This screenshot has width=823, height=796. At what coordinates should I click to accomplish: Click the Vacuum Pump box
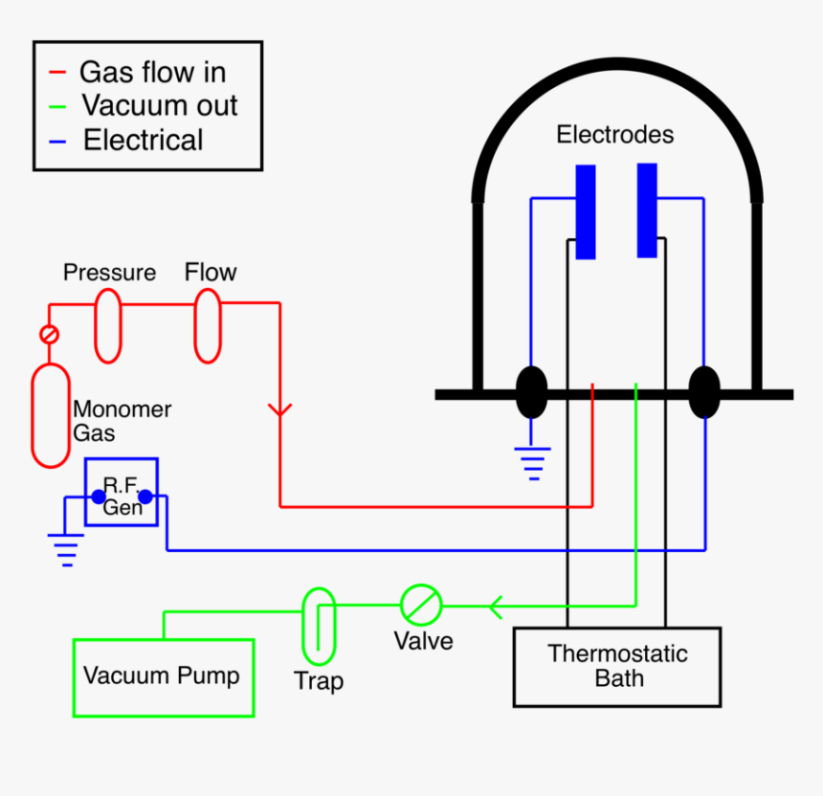(x=163, y=677)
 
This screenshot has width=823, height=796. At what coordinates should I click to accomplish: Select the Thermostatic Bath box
(x=617, y=667)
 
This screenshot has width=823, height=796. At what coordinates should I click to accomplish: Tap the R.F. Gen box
(x=122, y=492)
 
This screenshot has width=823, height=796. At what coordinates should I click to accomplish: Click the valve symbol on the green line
(x=421, y=605)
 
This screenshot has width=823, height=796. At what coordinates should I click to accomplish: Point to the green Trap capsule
(x=319, y=627)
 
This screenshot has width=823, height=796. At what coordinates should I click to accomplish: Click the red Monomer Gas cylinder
(x=51, y=415)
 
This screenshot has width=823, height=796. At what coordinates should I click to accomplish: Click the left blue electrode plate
(x=585, y=211)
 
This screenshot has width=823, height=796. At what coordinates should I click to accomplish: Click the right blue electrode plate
(x=647, y=210)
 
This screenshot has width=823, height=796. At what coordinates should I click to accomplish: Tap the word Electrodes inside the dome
(x=614, y=135)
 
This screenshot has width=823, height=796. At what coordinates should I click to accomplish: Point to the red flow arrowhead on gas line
(x=279, y=410)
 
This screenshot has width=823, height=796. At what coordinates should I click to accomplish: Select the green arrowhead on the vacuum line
(x=495, y=606)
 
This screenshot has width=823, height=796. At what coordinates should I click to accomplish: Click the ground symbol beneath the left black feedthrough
(x=531, y=462)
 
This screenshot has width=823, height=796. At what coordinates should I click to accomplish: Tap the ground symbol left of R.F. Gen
(x=66, y=550)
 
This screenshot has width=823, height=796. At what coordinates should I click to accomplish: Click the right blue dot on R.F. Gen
(x=145, y=497)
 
